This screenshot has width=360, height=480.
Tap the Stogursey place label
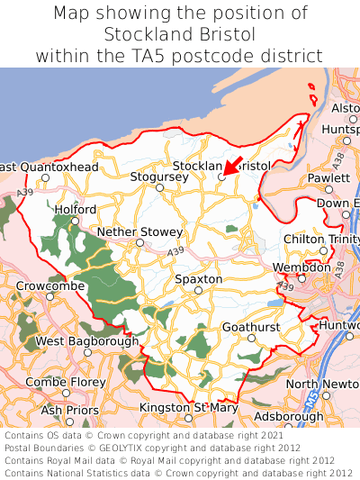point(159,177)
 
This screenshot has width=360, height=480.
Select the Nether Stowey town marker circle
point(139,242)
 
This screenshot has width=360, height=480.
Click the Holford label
point(75,209)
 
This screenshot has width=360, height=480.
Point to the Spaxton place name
point(198,279)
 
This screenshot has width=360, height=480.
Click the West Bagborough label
point(87,341)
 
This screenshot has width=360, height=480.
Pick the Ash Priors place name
point(71,410)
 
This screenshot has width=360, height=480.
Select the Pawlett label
point(328,178)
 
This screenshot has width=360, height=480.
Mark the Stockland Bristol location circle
point(222,177)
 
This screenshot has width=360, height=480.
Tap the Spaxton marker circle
point(198,290)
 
